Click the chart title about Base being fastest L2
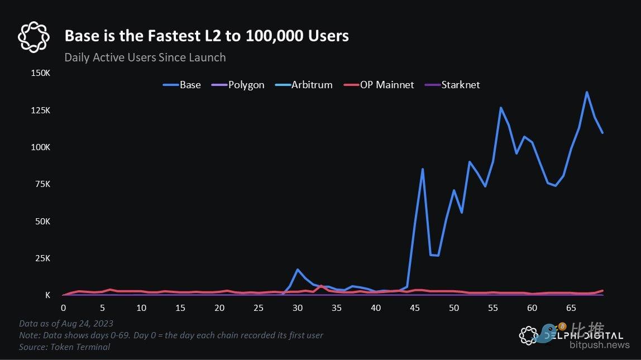(x=207, y=36)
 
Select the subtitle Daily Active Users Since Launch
(x=145, y=57)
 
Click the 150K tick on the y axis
(x=40, y=73)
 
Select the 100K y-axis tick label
(x=40, y=147)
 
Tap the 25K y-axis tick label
(x=42, y=258)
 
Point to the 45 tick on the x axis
(x=415, y=308)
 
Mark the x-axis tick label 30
(x=298, y=308)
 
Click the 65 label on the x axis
(x=571, y=308)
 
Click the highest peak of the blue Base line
(x=587, y=92)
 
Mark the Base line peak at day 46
(x=423, y=169)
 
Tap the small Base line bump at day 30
(x=298, y=270)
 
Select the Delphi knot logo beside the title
(x=34, y=37)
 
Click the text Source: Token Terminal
(x=64, y=347)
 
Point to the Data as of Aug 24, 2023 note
(x=66, y=324)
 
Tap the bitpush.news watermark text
(x=599, y=345)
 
